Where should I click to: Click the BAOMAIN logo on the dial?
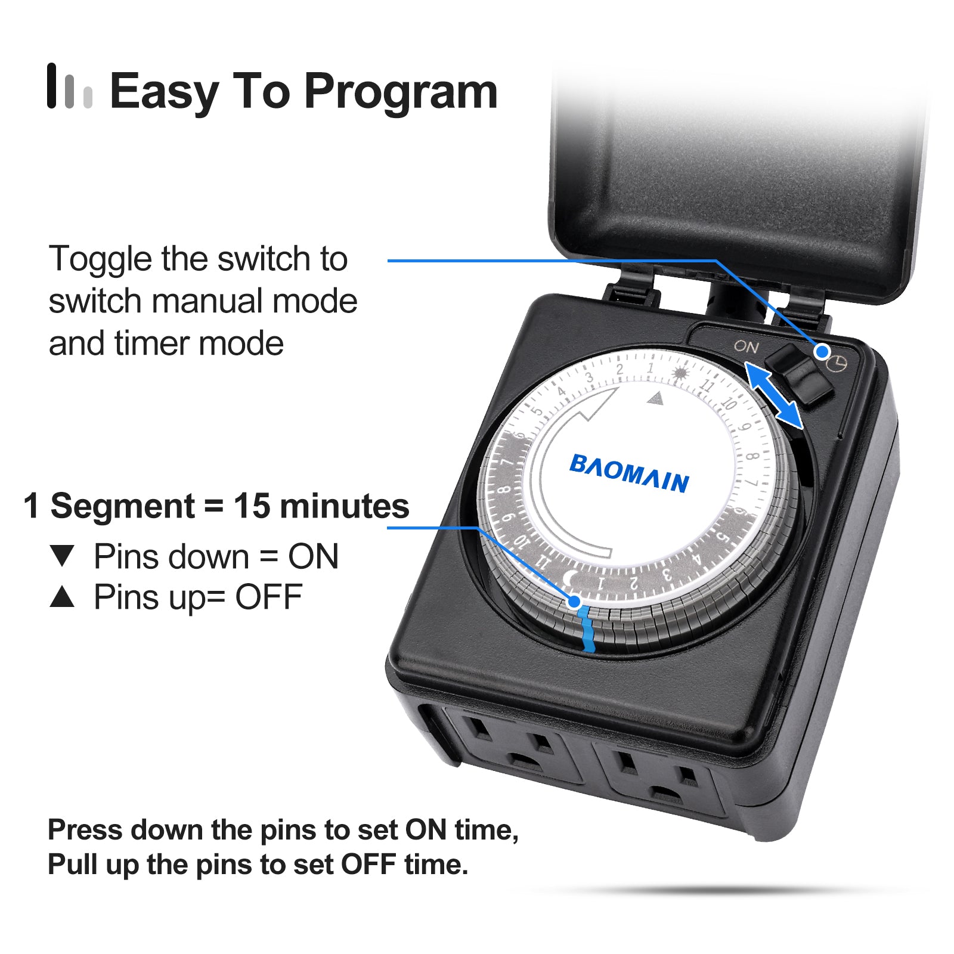point(629,473)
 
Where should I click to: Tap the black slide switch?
point(799,374)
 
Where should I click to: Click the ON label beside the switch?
point(746,346)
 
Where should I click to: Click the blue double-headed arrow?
point(774,396)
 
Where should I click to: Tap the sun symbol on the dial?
point(679,374)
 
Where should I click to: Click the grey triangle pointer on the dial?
point(655,398)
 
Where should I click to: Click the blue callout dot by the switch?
point(822,352)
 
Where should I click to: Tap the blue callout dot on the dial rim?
point(574,602)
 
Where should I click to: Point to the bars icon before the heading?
point(70,86)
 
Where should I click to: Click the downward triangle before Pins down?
point(63,556)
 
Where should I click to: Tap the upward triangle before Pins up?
point(63,596)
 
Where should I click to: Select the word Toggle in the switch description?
point(101,260)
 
